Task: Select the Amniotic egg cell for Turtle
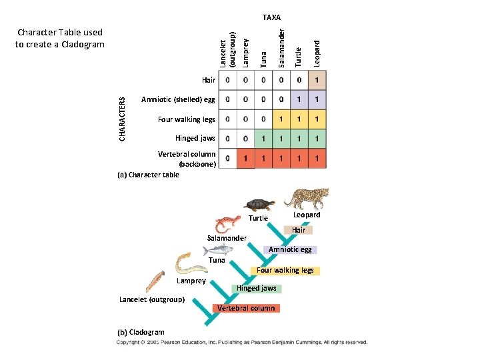[299, 100]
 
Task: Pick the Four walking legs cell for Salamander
[281, 119]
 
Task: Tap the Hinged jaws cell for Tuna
[264, 139]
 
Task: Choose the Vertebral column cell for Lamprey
[246, 159]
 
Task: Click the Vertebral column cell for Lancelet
[229, 159]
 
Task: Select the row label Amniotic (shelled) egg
[178, 100]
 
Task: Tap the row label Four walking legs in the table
[187, 119]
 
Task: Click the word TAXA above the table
[271, 17]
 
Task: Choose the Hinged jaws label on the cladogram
[259, 289]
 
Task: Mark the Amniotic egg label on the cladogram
[290, 250]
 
